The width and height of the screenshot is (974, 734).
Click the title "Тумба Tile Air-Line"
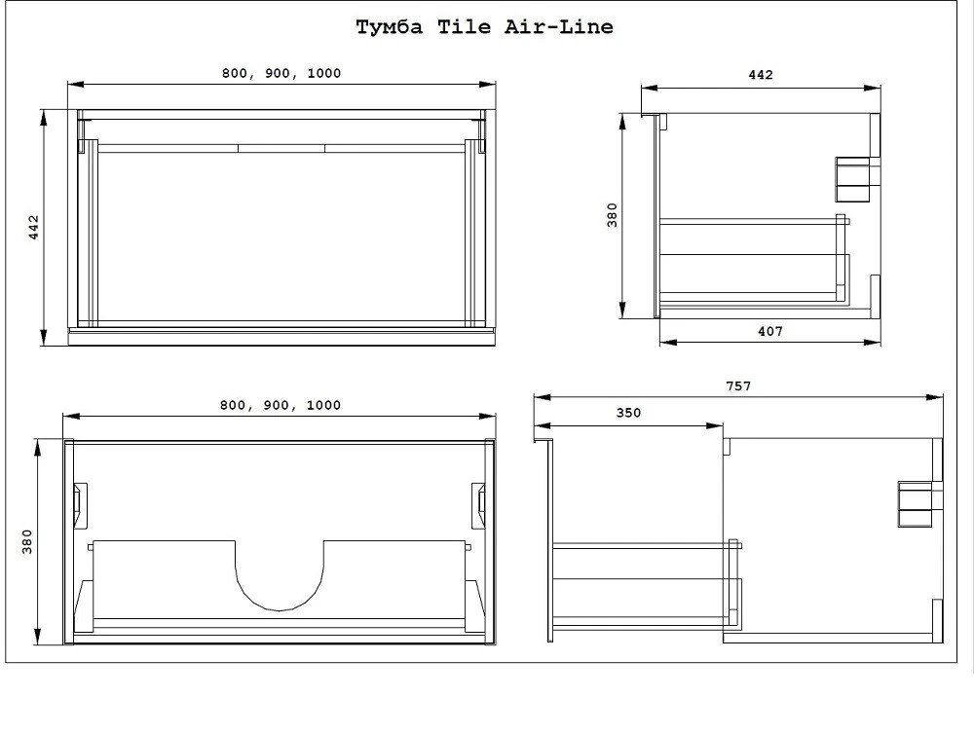pyautogui.click(x=484, y=27)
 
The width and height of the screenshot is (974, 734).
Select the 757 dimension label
pyautogui.click(x=738, y=386)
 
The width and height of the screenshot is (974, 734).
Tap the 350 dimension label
pyautogui.click(x=628, y=413)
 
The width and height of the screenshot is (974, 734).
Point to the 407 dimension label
pyautogui.click(x=769, y=331)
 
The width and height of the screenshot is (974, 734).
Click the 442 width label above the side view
pyautogui.click(x=761, y=75)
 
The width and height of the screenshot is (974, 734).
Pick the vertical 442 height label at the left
pyautogui.click(x=33, y=227)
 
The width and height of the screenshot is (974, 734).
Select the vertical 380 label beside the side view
pyautogui.click(x=612, y=215)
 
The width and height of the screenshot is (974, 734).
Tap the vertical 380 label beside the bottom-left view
pyautogui.click(x=27, y=541)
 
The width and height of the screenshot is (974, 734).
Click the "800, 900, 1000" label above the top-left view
pyautogui.click(x=281, y=74)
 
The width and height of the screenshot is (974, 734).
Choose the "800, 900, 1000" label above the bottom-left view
pyautogui.click(x=281, y=405)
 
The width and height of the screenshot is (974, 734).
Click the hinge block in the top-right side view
pyautogui.click(x=857, y=178)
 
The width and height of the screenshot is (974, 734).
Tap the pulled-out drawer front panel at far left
pyautogui.click(x=549, y=540)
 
